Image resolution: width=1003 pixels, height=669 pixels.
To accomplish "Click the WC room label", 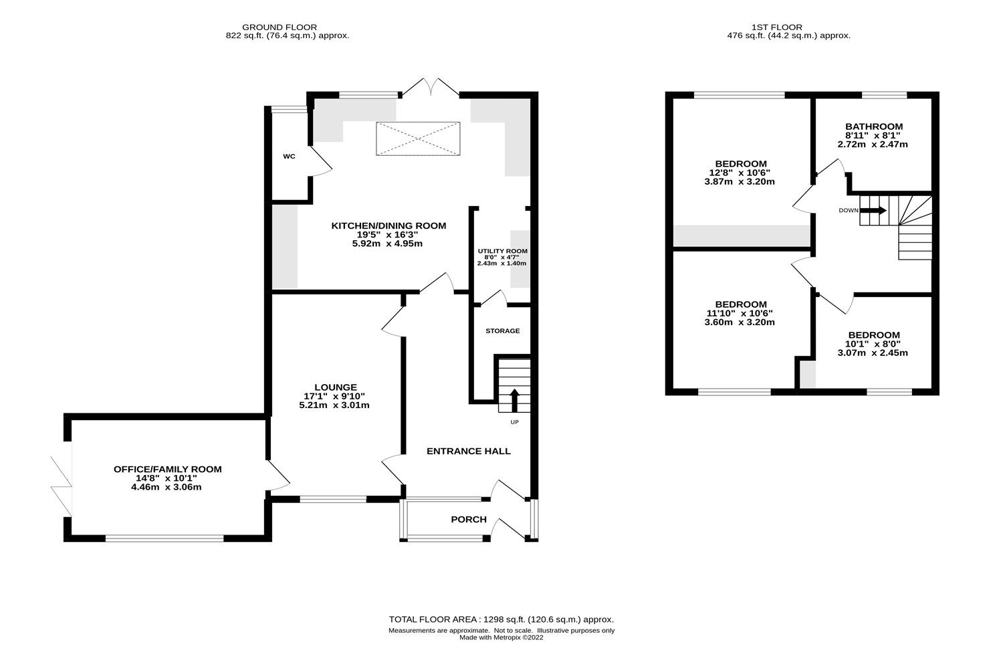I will click(x=289, y=157).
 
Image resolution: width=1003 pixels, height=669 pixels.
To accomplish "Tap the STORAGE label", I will click(x=502, y=331).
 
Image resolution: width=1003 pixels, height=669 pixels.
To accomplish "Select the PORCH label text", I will click(x=469, y=520).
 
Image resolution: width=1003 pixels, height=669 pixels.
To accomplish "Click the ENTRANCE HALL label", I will click(x=469, y=452).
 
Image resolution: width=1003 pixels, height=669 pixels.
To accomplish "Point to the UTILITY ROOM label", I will click(x=502, y=252).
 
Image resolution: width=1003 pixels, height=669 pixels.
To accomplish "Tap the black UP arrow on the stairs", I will click(x=514, y=400).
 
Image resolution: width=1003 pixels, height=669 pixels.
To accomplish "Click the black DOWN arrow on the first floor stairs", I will click(x=873, y=210).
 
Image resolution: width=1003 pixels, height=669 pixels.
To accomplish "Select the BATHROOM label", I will click(x=873, y=126).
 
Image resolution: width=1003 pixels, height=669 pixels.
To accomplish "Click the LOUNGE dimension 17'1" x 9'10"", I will click(x=335, y=396).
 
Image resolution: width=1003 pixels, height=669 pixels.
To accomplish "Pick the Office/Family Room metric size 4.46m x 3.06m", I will click(x=167, y=488).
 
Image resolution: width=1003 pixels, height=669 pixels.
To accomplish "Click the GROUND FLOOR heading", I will click(x=289, y=27).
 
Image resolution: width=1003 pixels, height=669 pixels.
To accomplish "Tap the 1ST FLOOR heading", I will click(x=789, y=27).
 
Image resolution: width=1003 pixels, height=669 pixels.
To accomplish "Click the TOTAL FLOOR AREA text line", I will click(x=501, y=619).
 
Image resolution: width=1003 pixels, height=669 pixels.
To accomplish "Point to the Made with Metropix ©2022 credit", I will click(x=501, y=638).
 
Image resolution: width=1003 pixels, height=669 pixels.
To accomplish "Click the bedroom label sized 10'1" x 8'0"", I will click(x=873, y=335).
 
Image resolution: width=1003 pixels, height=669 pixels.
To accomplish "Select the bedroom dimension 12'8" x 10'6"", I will click(x=740, y=173).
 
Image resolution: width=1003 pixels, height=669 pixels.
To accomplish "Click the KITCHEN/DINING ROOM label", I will click(x=388, y=226).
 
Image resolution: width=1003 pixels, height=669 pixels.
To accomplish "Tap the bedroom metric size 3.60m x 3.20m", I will click(x=740, y=322).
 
